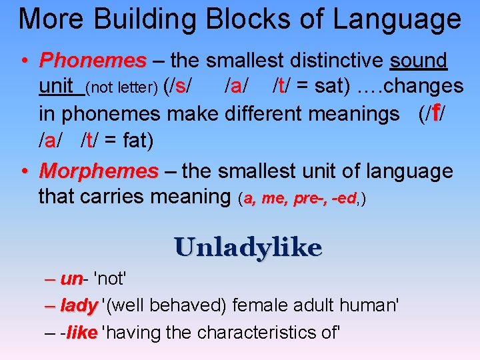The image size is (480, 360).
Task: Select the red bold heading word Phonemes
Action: [93, 61]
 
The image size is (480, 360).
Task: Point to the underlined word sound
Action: [418, 61]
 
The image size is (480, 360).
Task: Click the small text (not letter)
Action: [122, 87]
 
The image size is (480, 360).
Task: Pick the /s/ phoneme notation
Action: [180, 86]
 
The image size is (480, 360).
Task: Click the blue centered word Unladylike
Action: [249, 247]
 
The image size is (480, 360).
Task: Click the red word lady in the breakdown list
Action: [78, 306]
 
